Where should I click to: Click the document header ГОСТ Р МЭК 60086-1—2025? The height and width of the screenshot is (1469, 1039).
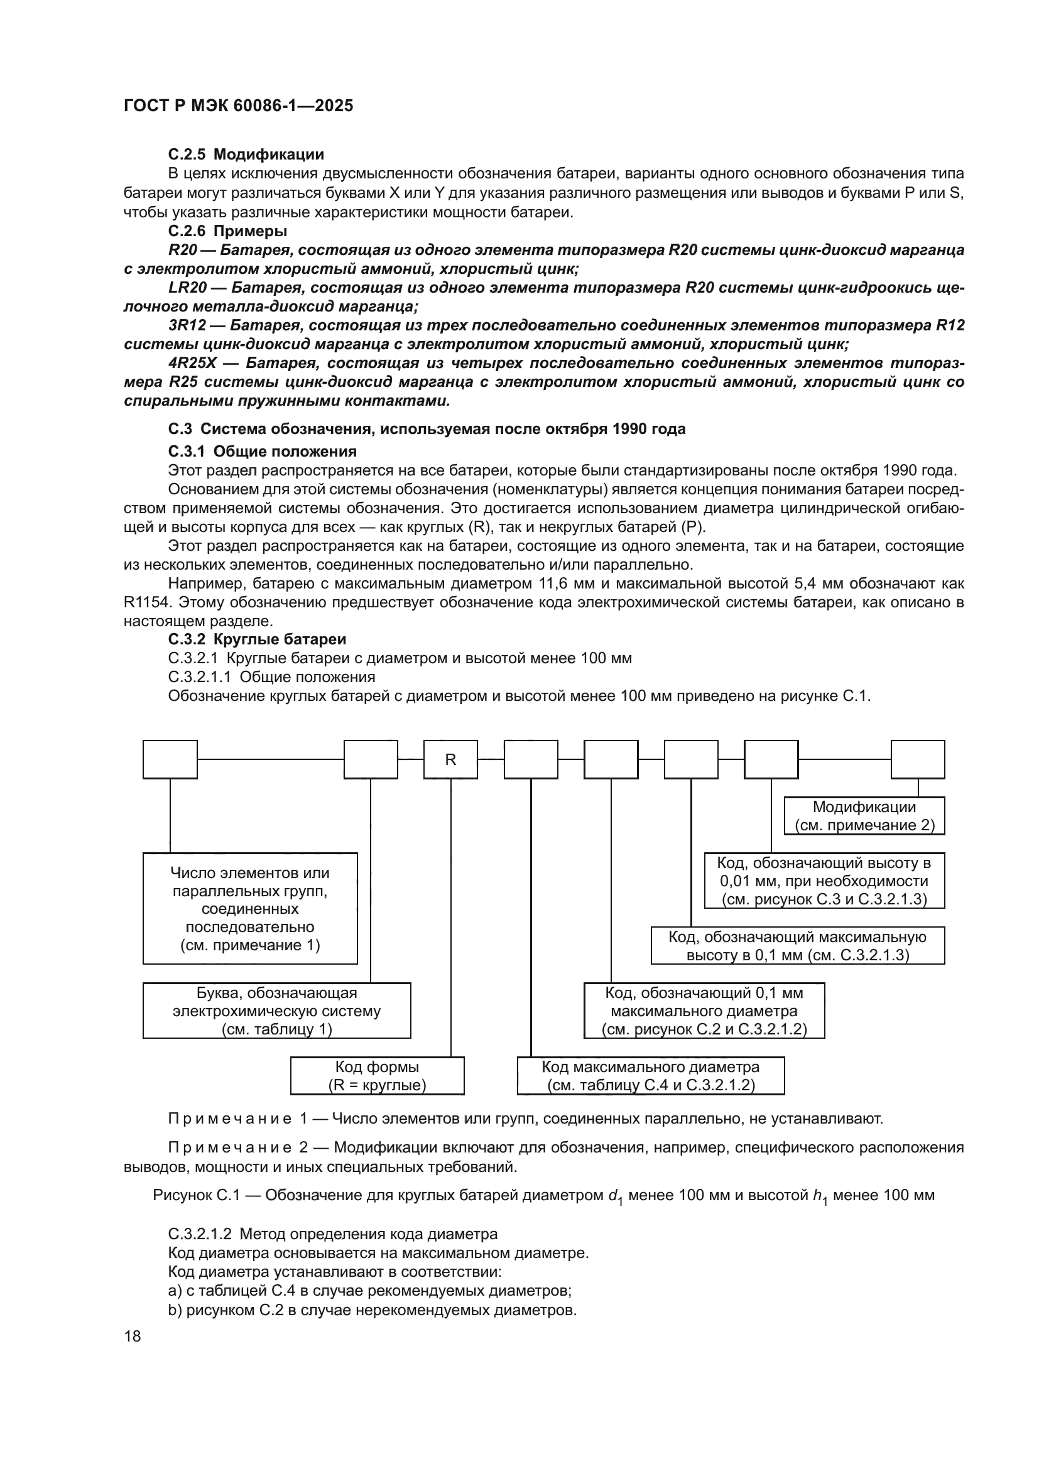click(238, 106)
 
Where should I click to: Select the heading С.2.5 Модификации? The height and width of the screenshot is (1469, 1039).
click(246, 154)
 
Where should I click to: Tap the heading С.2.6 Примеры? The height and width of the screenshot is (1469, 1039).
click(227, 231)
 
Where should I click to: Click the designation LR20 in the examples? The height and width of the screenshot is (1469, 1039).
click(187, 288)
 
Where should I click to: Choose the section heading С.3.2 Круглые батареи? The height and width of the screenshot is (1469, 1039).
click(256, 639)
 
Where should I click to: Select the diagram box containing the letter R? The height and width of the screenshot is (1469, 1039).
click(450, 759)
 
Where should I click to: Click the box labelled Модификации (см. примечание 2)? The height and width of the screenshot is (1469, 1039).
click(864, 816)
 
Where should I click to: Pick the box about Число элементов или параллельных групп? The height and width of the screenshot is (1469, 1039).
click(249, 909)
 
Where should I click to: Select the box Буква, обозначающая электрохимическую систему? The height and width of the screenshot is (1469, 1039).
click(276, 1011)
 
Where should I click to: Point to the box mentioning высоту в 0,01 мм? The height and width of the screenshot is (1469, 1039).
click(824, 881)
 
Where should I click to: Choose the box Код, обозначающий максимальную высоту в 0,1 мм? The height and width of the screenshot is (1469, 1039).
click(797, 946)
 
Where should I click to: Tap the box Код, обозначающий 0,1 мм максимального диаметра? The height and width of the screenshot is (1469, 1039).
click(704, 1011)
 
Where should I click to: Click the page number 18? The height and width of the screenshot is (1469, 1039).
click(133, 1336)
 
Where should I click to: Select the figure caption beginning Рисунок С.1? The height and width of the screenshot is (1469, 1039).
click(543, 1195)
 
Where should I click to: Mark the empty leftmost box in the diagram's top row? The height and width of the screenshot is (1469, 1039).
click(170, 759)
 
